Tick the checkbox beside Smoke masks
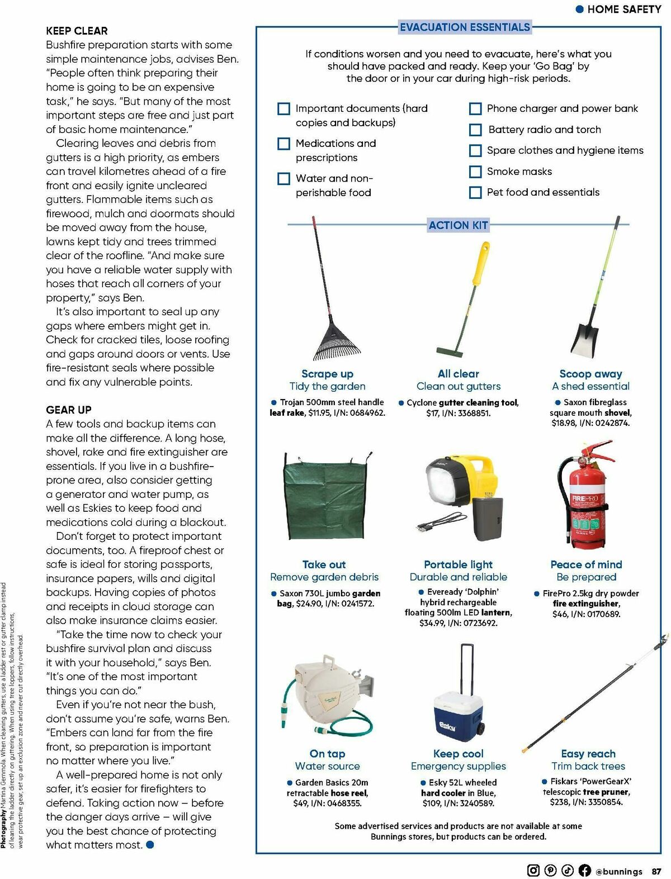click(475, 172)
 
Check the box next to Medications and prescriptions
click(284, 144)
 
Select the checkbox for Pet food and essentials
click(475, 193)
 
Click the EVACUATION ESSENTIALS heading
click(465, 27)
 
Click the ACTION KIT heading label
click(458, 225)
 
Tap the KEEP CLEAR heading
click(77, 31)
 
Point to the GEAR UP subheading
click(68, 410)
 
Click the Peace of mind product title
click(586, 564)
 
